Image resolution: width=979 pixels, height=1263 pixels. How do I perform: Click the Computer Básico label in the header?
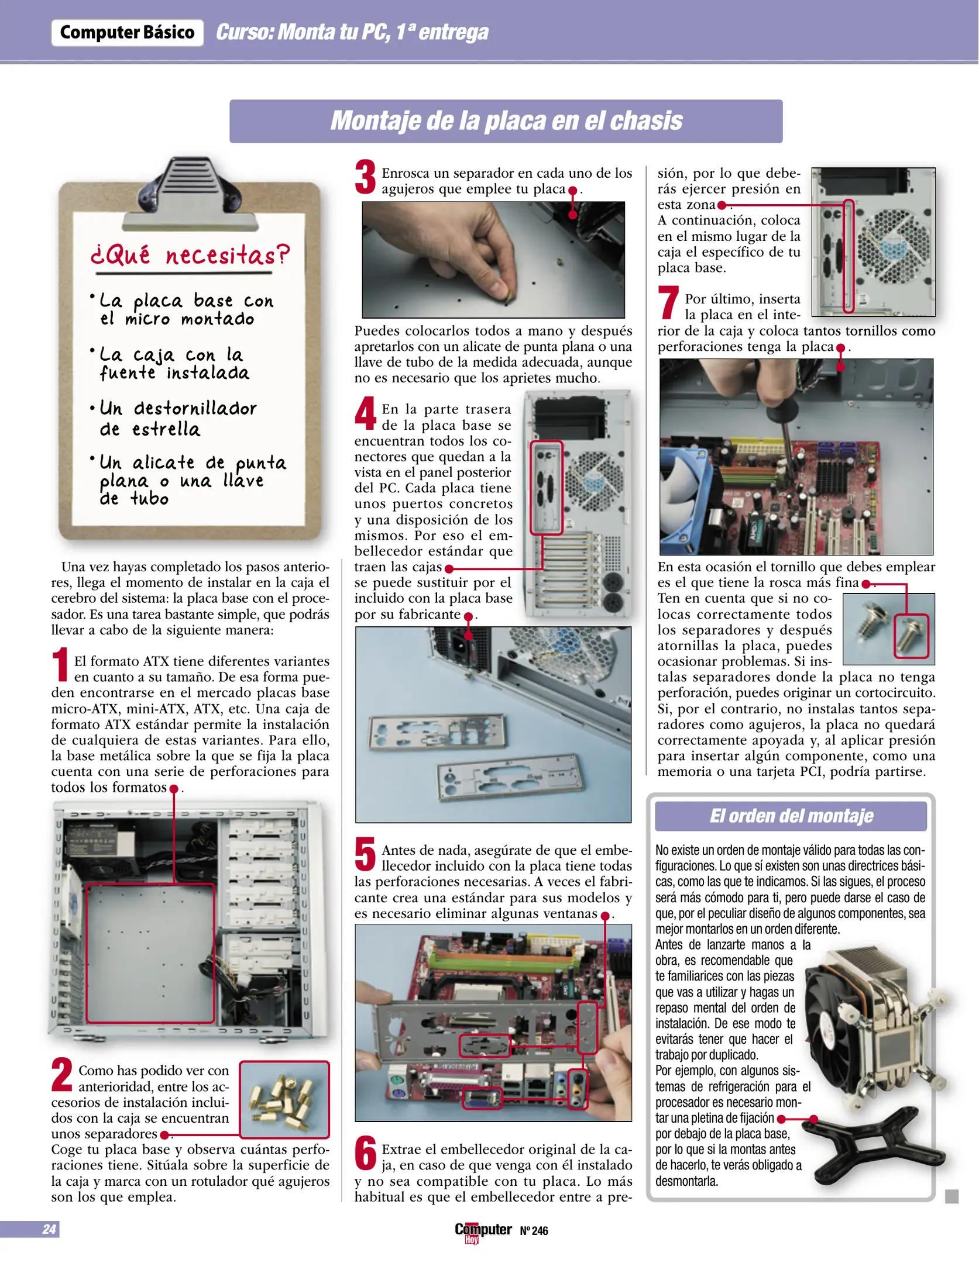tap(127, 32)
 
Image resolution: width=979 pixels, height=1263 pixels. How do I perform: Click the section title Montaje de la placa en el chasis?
tap(506, 121)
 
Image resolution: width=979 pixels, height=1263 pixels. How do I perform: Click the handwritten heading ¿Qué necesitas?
tap(190, 256)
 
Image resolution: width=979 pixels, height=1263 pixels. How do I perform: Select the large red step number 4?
tap(366, 412)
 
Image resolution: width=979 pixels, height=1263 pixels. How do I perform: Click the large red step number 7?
tap(668, 302)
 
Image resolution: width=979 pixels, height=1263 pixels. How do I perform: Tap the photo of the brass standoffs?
tap(284, 1099)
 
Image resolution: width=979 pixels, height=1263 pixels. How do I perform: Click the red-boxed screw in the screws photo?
tap(912, 636)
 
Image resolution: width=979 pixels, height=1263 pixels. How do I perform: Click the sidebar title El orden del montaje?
tap(791, 816)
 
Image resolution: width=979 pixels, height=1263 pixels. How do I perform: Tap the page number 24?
tap(49, 1229)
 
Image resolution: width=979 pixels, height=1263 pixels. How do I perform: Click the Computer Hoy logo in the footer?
tap(482, 1231)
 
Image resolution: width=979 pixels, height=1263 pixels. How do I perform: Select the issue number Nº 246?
tap(534, 1231)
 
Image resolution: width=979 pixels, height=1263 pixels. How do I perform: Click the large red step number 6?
tap(366, 1152)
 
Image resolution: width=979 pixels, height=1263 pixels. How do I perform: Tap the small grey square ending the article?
tap(951, 1196)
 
